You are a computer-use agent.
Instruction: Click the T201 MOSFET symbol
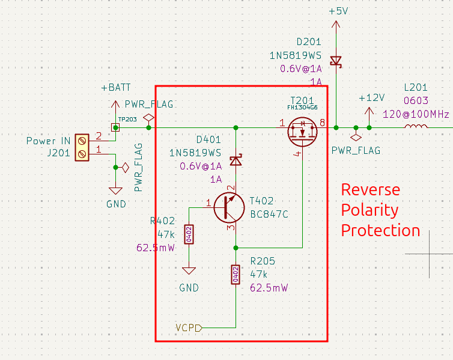tap(302, 132)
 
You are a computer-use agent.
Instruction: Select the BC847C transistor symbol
tap(230, 208)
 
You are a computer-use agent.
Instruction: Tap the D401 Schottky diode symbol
tap(236, 160)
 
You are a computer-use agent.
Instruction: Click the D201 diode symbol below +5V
tap(336, 61)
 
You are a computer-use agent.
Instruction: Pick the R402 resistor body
tap(189, 234)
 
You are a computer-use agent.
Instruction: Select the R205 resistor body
tap(236, 275)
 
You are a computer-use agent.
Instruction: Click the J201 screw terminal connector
tap(82, 147)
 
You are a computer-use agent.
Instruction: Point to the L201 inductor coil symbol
tap(416, 126)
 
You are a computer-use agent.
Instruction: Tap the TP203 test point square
tap(115, 127)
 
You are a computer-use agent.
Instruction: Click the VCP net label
tap(189, 328)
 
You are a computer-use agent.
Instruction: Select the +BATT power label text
tap(116, 88)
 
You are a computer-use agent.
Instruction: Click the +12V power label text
tap(372, 98)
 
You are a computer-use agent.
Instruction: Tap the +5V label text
tap(338, 11)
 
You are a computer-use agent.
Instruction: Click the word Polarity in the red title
tap(370, 210)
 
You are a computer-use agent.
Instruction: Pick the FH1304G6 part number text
tap(302, 108)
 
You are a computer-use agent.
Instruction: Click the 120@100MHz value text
tap(416, 114)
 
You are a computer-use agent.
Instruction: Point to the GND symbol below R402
tap(189, 270)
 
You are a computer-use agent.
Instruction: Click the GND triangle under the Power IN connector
tap(115, 191)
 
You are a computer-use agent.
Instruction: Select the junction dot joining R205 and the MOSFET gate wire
tap(236, 248)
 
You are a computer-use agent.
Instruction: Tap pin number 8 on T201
tap(323, 123)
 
